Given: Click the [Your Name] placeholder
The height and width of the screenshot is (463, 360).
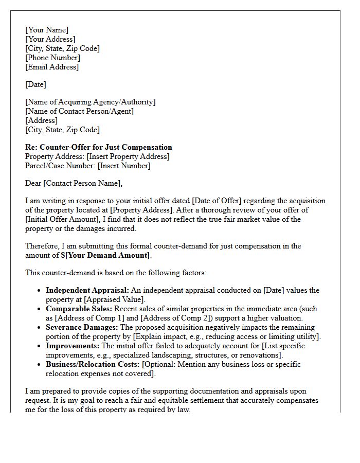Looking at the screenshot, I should pos(47,30).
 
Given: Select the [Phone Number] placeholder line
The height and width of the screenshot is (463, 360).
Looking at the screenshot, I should pos(52,58).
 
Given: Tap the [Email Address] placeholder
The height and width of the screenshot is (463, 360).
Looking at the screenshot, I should pos(52,67).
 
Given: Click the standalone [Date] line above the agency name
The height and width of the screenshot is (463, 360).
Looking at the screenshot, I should pos(35,84).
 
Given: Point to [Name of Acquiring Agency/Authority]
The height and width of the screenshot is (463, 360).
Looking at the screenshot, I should pos(91,102).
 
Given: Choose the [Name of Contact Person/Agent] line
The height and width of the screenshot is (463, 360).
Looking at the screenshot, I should pos(79,111).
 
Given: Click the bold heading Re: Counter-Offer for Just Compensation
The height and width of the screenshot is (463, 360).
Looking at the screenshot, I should pos(99,147).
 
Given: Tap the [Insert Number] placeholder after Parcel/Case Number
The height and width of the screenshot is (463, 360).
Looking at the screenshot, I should pos(124,166).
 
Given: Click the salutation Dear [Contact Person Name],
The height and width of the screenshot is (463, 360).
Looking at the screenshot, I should pos(74,183).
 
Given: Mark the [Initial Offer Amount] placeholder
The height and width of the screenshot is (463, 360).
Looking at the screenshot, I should pos(61,219).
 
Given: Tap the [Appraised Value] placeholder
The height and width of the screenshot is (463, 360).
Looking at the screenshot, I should pos(114,299).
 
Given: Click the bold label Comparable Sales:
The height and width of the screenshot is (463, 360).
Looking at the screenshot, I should pos(79,309).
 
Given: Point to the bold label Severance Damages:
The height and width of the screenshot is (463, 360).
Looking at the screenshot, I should pos(82,327).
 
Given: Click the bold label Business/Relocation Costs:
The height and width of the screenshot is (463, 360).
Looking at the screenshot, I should pos(93,364).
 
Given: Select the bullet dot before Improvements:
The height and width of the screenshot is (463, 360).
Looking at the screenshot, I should pos(39,346).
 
